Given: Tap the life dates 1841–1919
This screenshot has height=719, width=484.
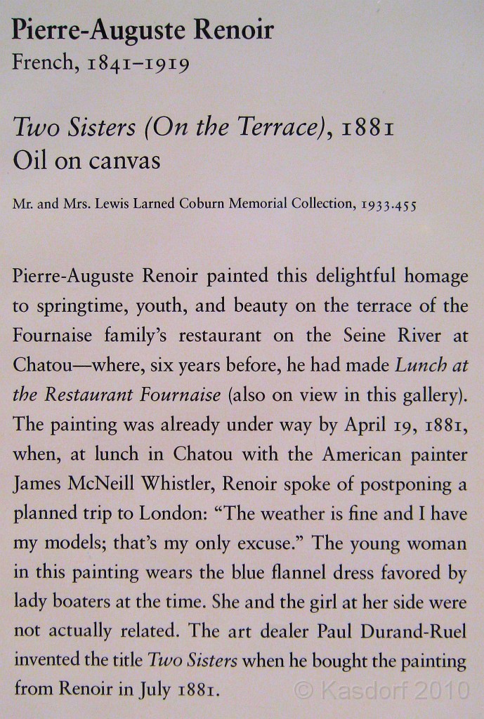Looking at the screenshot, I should click(139, 65).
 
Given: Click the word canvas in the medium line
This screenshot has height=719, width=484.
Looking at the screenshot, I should click(124, 161).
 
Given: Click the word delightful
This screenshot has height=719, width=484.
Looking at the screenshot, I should click(359, 276).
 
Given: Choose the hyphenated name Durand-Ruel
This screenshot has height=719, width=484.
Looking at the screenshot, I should click(414, 631).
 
